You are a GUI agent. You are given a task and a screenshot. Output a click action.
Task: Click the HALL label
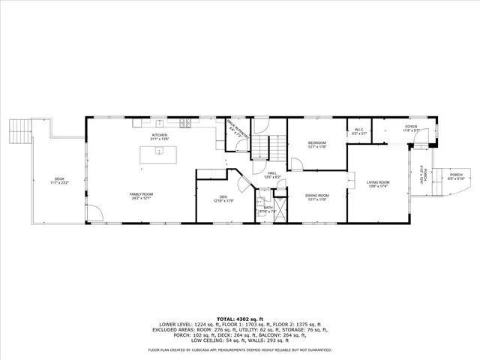(x=272, y=173)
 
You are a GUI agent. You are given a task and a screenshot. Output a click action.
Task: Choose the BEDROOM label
(x=317, y=142)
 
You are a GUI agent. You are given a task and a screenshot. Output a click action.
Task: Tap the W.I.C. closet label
(x=358, y=130)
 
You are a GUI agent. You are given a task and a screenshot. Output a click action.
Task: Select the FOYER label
(x=411, y=127)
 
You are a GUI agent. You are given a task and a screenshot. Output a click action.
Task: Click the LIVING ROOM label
(x=378, y=182)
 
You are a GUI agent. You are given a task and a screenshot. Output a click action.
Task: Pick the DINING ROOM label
(x=316, y=196)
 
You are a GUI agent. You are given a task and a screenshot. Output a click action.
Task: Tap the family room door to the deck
(x=94, y=217)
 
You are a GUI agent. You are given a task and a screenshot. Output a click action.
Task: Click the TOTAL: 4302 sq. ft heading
(x=240, y=319)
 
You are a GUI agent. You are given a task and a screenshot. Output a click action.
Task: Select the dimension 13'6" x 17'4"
(x=378, y=186)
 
